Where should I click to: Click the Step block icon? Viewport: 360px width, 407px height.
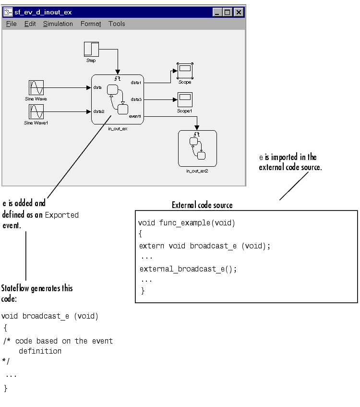(91, 49)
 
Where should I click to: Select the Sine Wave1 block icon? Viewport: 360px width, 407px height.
(36, 112)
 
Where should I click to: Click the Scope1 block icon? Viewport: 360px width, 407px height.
(185, 100)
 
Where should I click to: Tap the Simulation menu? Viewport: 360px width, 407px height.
(58, 24)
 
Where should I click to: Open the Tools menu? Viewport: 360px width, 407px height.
(117, 24)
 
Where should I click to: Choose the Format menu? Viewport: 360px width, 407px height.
(91, 24)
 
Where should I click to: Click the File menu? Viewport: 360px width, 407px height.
(12, 24)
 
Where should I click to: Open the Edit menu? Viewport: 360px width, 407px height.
(30, 24)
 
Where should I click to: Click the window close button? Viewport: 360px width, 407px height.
(238, 12)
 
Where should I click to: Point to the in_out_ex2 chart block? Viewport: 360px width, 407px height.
(197, 148)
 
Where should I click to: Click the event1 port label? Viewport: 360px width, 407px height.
(135, 116)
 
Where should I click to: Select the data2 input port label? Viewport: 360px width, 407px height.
(99, 111)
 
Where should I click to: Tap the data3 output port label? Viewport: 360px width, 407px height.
(136, 99)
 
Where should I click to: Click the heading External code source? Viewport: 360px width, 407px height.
(202, 205)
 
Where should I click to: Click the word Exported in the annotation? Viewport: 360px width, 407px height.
(62, 215)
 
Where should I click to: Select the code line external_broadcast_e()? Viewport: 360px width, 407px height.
(188, 269)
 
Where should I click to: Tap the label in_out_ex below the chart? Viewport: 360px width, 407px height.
(118, 128)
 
